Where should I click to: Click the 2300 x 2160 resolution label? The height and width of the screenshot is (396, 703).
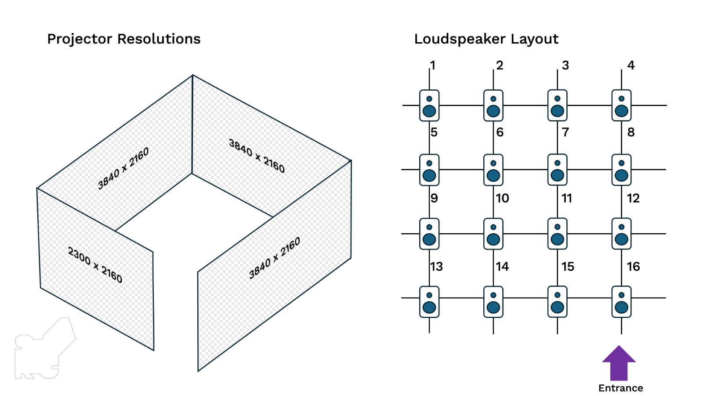click(95, 264)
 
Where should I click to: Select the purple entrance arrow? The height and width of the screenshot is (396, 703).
click(619, 363)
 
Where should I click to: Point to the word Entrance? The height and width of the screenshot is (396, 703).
click(620, 388)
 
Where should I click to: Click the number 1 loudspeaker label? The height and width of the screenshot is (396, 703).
click(433, 66)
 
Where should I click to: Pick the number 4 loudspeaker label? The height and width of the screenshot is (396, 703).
click(631, 66)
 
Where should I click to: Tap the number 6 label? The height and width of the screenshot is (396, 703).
click(500, 132)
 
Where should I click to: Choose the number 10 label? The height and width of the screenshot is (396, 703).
click(502, 198)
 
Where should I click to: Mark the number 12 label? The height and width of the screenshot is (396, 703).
click(633, 198)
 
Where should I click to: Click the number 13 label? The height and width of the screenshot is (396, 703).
click(436, 266)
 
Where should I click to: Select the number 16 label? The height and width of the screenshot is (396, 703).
click(633, 266)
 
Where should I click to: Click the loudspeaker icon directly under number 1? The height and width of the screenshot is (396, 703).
click(429, 106)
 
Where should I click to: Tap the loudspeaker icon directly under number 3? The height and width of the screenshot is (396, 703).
click(557, 106)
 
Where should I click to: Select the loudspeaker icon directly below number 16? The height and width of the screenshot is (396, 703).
click(621, 302)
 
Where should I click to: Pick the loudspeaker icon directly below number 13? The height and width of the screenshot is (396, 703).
click(429, 302)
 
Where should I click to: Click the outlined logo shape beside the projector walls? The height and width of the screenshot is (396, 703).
click(44, 350)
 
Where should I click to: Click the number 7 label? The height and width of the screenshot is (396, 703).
click(565, 132)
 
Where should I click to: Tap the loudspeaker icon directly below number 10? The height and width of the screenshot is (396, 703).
click(493, 234)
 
